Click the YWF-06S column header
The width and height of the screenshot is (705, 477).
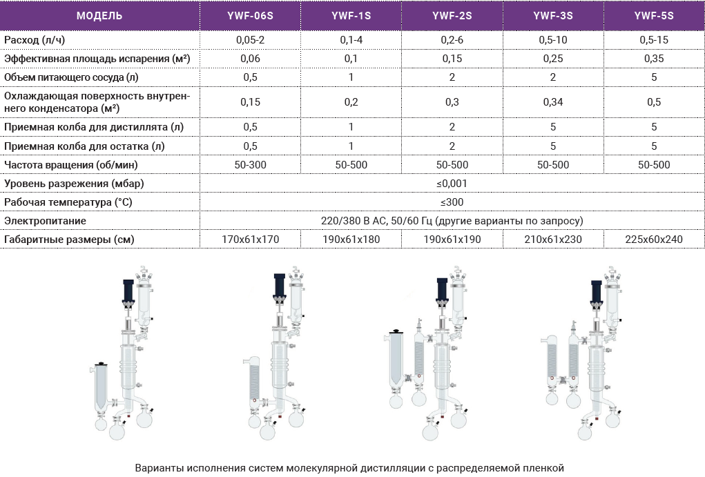250,16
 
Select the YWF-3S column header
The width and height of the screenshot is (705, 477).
553,16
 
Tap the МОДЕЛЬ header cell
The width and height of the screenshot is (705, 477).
99,16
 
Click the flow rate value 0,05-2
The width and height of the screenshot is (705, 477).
250,39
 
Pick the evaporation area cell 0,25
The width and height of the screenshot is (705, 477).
553,59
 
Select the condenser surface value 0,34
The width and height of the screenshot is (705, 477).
553,102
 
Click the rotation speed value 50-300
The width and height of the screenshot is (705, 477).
250,164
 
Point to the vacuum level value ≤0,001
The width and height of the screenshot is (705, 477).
452,184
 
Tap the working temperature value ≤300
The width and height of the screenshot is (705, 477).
452,202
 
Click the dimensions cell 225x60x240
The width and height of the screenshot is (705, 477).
654,240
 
